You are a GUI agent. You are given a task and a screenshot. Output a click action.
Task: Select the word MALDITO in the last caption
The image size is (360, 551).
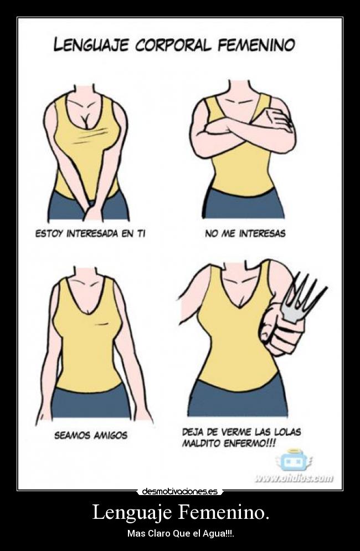[x=202, y=443]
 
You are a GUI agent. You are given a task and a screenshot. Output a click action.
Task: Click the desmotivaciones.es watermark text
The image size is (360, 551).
[x=180, y=491]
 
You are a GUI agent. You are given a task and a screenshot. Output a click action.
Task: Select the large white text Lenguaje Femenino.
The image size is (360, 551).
[x=181, y=512]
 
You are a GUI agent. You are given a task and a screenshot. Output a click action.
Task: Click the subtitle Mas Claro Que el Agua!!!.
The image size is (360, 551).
[x=181, y=533]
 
